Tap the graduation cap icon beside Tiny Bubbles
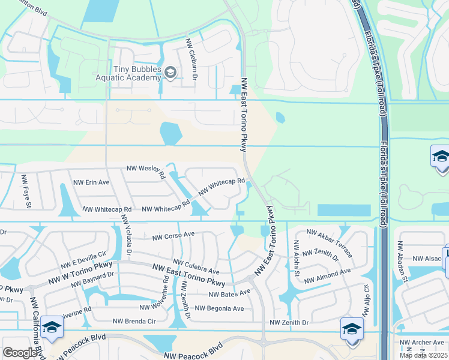[170, 73]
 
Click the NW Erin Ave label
[91, 182]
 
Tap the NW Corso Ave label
[173, 235]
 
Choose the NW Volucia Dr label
[126, 240]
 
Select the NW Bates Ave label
[229, 293]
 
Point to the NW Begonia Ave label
[219, 308]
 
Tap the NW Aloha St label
[296, 259]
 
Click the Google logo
[20, 353]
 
